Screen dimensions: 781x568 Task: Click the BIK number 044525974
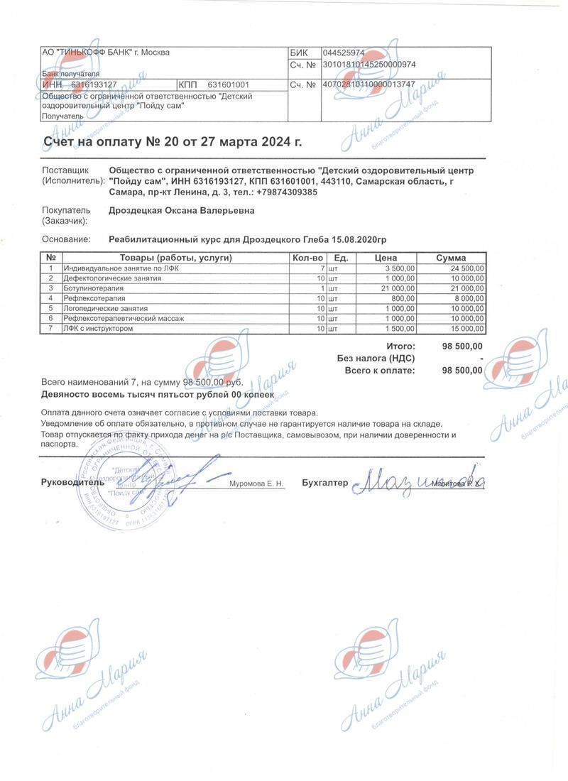pos(344,53)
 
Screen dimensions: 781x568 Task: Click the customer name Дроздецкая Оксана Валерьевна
pos(181,210)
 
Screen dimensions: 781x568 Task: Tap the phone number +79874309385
pos(288,192)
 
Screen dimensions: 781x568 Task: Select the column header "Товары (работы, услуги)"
pos(176,258)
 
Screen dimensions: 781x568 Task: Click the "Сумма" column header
pos(451,258)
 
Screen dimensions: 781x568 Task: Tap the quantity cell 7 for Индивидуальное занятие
pos(322,268)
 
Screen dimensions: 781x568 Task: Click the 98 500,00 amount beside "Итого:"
pos(462,346)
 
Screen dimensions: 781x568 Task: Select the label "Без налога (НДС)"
pos(376,359)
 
